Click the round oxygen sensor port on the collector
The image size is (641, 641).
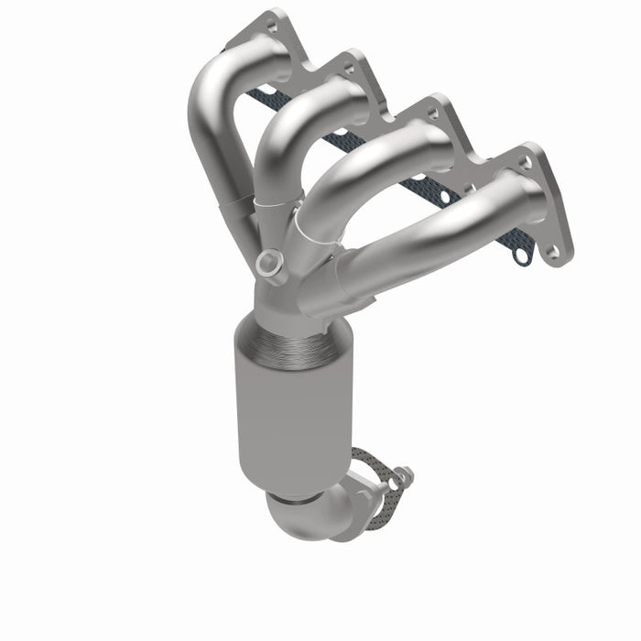[267, 264]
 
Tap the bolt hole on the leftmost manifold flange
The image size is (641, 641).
[271, 27]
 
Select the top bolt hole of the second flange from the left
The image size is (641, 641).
[348, 67]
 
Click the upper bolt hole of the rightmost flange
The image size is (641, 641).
[525, 163]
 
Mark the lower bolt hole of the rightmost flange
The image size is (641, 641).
[552, 249]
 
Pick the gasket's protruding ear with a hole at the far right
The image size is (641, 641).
[522, 257]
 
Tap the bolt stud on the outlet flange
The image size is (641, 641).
[401, 476]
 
